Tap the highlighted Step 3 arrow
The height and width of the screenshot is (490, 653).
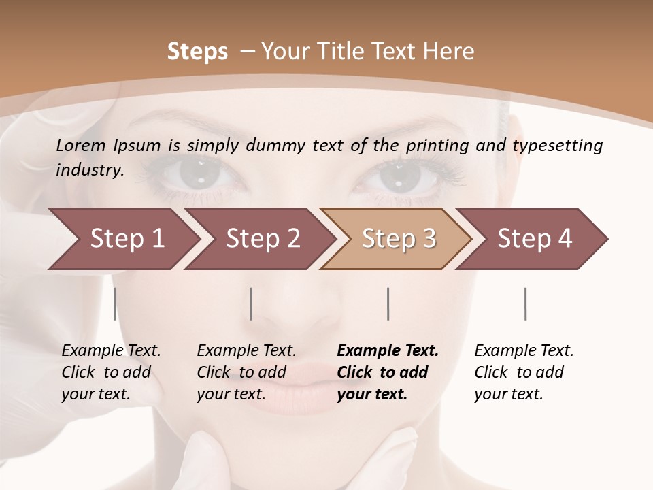pos(399,239)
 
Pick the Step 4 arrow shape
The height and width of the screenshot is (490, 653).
pos(535,239)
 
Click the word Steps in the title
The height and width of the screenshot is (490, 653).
pos(197,51)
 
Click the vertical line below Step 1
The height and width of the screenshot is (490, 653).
pos(114,304)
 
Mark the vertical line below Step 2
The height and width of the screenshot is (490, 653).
pos(251,304)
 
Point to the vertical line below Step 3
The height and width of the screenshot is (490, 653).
pos(388,304)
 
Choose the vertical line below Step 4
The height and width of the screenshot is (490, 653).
pos(525,304)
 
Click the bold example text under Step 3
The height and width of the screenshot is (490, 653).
pos(388,372)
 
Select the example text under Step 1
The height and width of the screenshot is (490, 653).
pos(111,372)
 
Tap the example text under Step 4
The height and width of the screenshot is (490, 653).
pos(524,372)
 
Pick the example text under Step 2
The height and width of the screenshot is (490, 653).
pos(246,372)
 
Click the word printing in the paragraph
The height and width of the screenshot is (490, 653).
pos(437,145)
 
